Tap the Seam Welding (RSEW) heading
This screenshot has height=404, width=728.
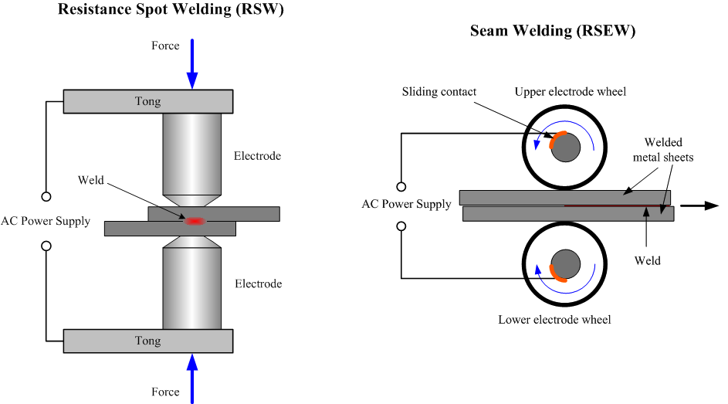point(553,32)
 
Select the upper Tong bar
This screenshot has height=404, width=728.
point(148,100)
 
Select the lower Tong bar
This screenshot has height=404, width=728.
point(148,341)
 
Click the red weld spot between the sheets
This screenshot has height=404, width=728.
point(193,221)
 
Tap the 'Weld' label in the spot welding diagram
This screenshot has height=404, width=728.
point(90,181)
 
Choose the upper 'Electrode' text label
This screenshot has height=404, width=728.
point(258,156)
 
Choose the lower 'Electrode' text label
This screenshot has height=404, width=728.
point(258,283)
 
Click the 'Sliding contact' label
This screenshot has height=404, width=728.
point(438,92)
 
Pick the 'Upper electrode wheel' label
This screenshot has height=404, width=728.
point(571,92)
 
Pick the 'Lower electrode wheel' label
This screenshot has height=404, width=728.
point(554,319)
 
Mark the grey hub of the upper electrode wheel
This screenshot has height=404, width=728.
point(567,148)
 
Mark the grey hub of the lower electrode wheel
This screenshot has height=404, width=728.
point(567,264)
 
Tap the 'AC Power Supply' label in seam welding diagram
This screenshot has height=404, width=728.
point(406,205)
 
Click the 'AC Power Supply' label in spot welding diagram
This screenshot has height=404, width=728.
point(46,221)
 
